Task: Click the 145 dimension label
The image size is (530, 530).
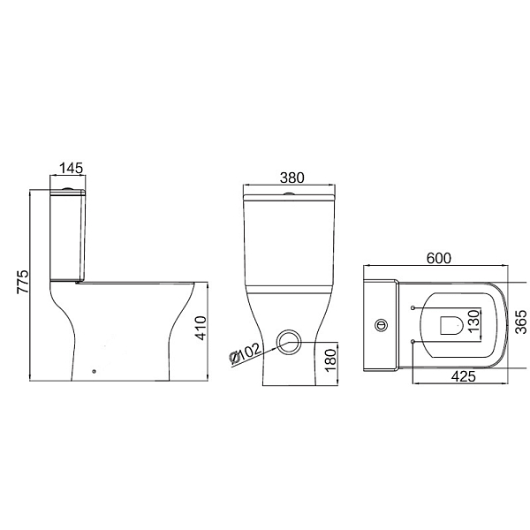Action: [x=71, y=168]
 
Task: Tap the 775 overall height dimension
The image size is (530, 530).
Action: [x=23, y=282]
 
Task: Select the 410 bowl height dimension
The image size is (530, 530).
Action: [x=201, y=328]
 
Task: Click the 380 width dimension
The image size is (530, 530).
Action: [x=292, y=178]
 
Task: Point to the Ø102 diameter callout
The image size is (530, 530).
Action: [x=245, y=353]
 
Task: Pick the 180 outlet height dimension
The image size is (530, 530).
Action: [x=331, y=360]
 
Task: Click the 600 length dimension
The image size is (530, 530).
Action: [x=439, y=258]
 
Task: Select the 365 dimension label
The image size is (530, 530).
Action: [x=521, y=322]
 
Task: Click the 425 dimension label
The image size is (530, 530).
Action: [x=464, y=376]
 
